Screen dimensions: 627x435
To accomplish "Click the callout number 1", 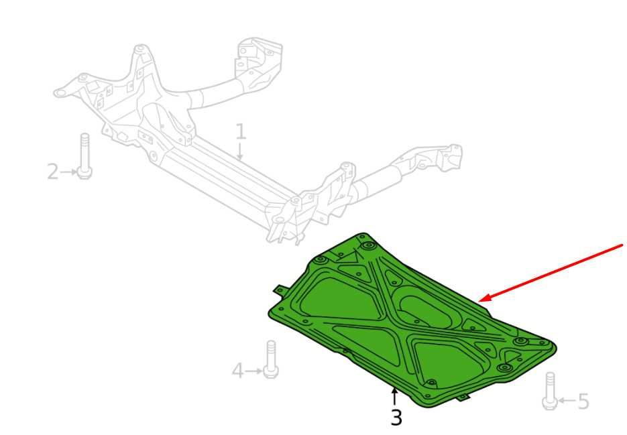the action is (240, 131).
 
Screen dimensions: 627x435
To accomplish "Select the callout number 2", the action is (53, 172).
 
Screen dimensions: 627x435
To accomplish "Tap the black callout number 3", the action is (396, 418).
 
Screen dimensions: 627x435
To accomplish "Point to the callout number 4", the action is (237, 371).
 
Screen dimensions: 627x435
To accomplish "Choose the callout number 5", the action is (583, 401).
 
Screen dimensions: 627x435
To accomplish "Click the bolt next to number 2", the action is (84, 156).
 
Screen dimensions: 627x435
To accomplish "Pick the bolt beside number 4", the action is (271, 359).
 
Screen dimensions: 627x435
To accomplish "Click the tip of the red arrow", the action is (479, 301).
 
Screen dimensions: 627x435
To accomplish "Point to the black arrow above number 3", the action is (395, 397).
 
